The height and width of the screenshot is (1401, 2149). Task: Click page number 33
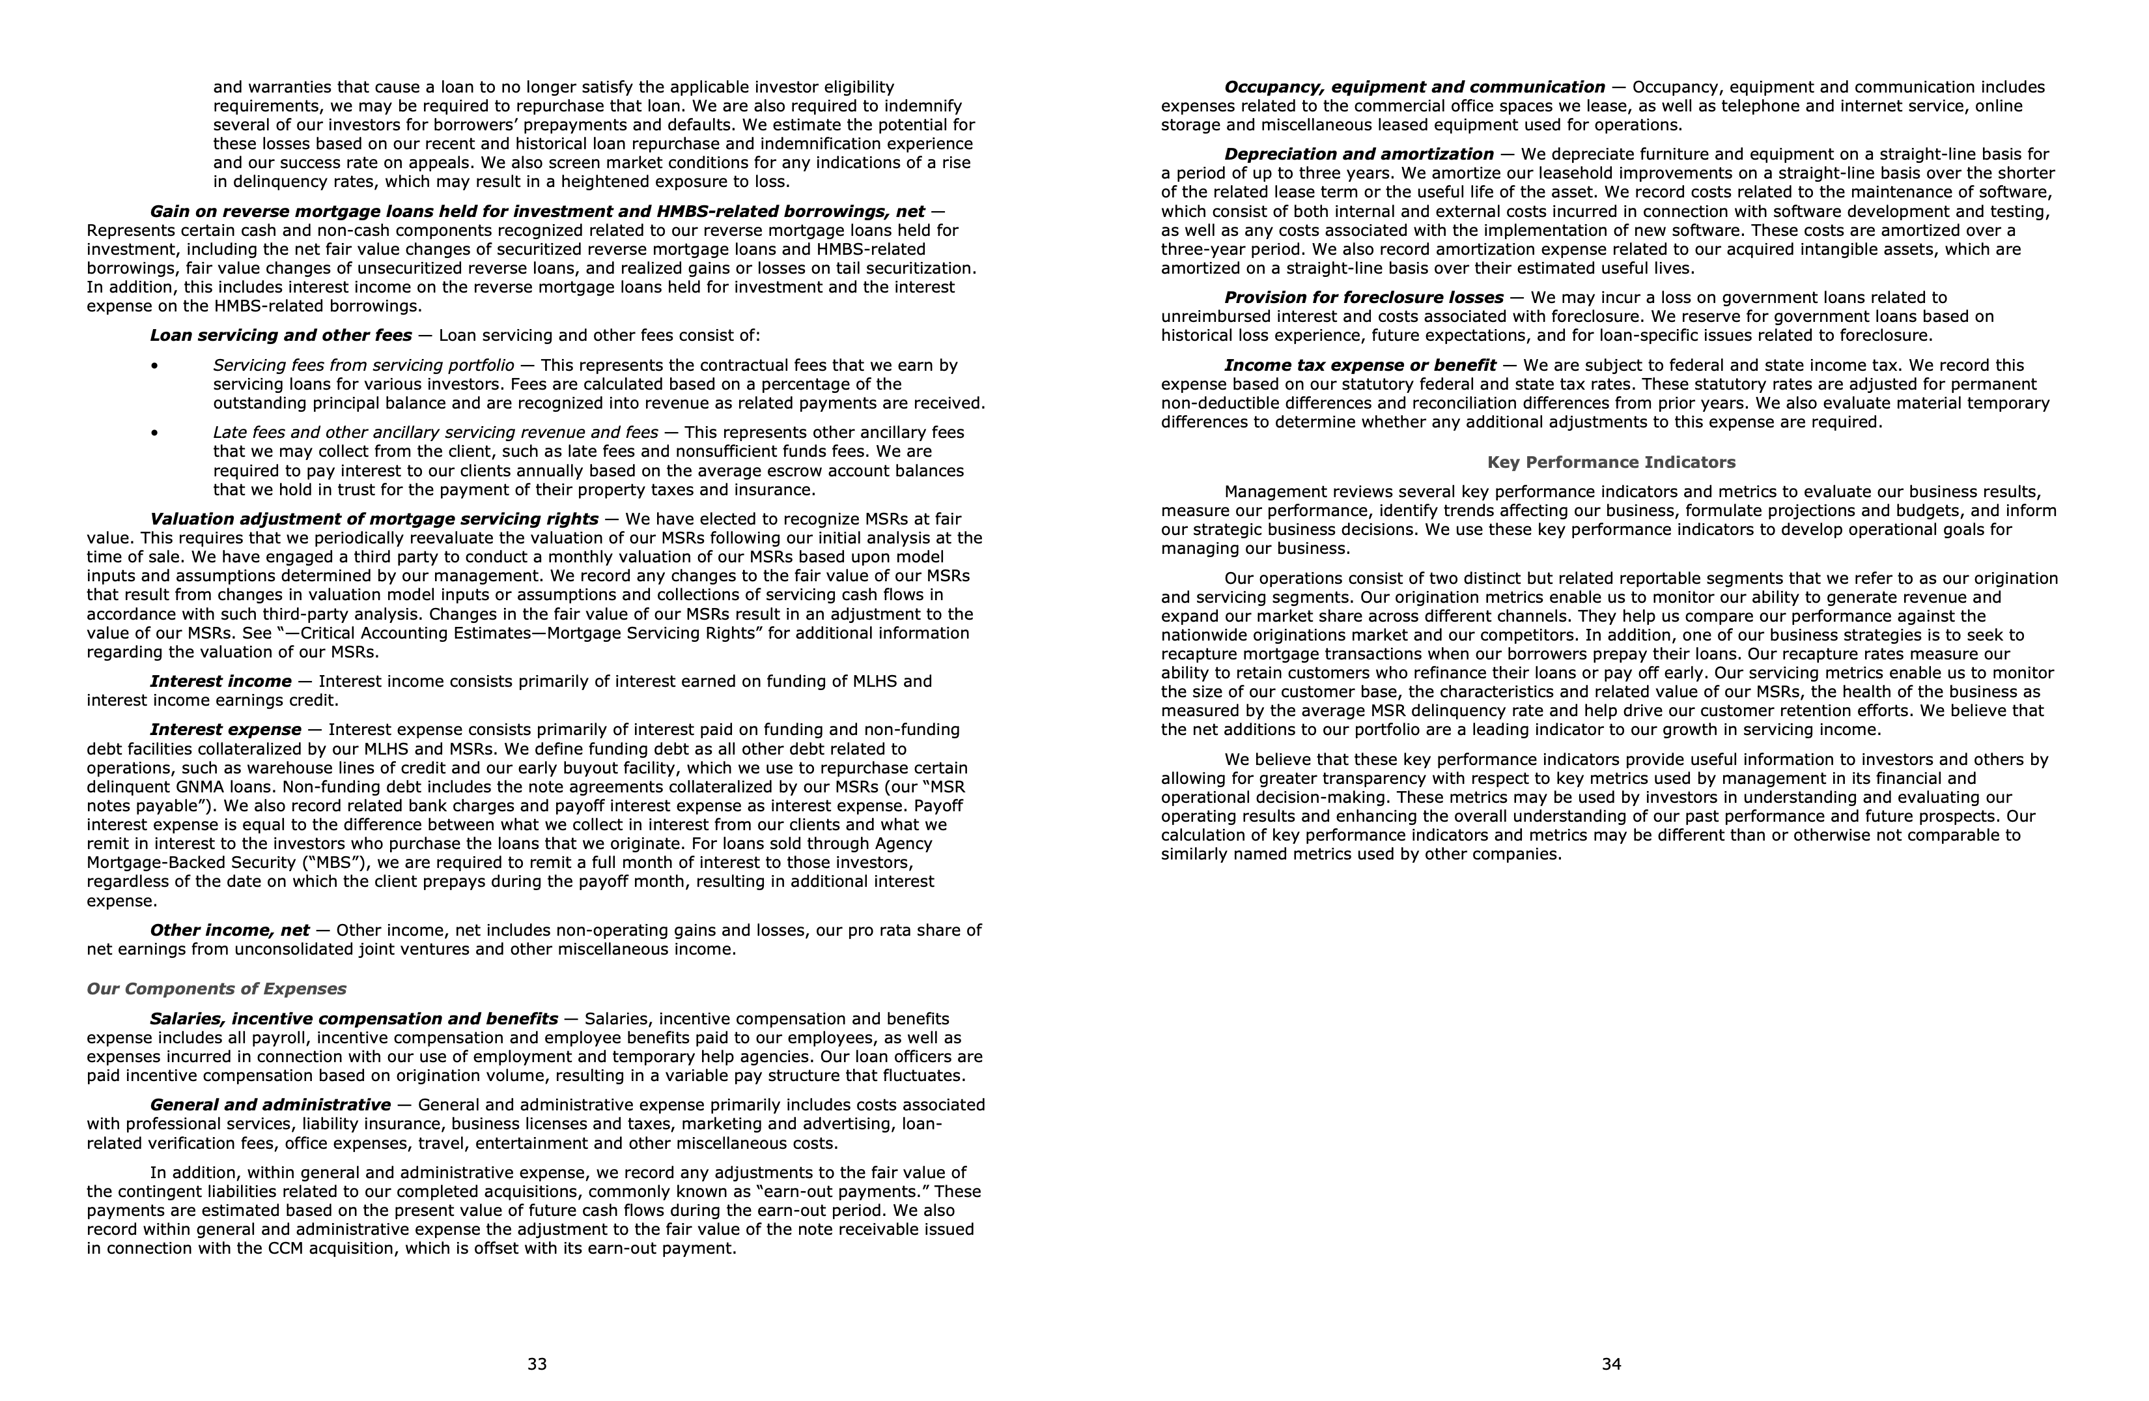point(537,1364)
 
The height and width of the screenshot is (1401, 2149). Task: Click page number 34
point(1612,1364)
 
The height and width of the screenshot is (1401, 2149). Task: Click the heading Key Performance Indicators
point(1611,463)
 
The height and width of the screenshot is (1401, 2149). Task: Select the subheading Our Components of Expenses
point(217,989)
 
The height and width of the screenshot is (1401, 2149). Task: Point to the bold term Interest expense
point(226,730)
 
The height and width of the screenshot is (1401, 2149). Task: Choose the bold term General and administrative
point(270,1105)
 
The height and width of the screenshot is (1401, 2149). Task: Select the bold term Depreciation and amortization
point(1359,154)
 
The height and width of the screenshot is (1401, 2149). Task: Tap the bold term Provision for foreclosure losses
point(1364,298)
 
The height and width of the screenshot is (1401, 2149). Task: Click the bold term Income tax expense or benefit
point(1360,366)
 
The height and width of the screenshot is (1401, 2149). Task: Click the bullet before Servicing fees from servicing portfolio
point(154,366)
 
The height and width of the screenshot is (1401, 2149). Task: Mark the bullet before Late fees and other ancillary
point(154,433)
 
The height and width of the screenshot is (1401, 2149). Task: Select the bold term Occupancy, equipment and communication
point(1414,87)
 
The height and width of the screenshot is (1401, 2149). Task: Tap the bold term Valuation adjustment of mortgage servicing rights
point(374,519)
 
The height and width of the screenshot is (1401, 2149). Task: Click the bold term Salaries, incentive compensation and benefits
point(354,1019)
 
